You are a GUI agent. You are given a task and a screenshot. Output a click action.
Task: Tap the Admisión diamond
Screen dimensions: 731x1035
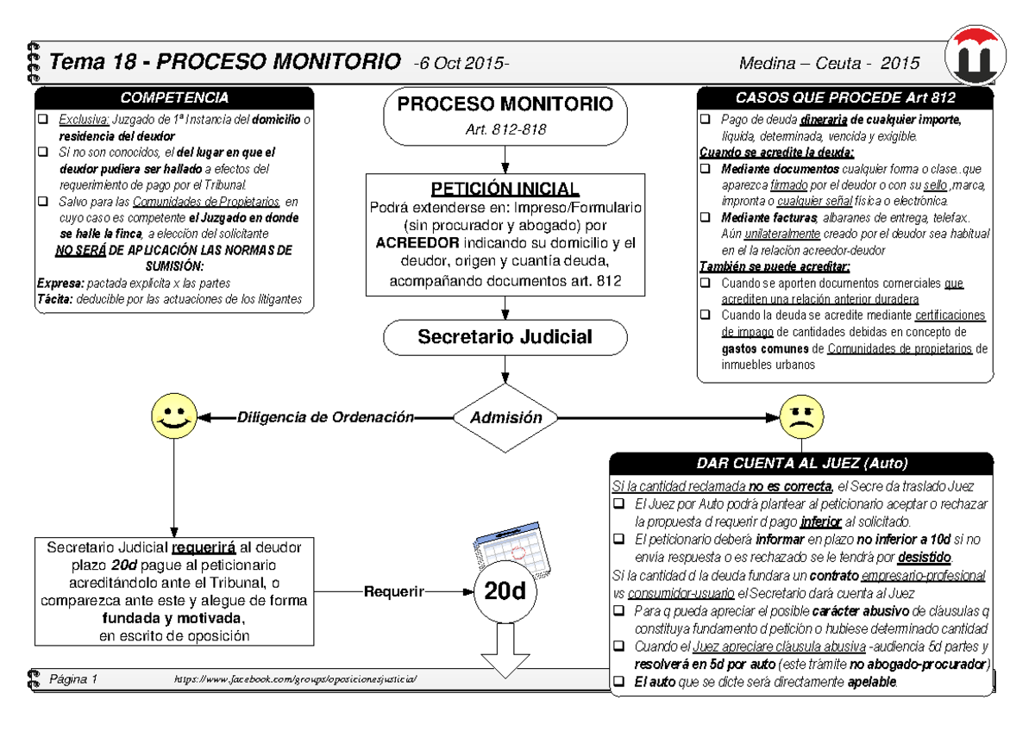(505, 417)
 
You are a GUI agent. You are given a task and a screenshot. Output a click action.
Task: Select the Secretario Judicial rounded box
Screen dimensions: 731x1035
(505, 337)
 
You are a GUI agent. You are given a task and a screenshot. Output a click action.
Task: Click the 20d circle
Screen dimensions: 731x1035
(505, 593)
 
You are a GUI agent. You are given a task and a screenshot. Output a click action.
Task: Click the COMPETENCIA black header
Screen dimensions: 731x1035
(174, 97)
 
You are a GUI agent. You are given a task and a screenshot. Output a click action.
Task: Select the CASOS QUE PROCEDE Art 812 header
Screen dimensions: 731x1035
(844, 97)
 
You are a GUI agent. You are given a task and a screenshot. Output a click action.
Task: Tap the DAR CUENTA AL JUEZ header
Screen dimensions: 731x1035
(801, 462)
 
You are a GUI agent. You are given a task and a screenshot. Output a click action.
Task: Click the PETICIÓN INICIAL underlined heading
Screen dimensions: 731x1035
(505, 189)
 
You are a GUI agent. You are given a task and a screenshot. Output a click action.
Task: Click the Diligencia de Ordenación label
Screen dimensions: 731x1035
(325, 417)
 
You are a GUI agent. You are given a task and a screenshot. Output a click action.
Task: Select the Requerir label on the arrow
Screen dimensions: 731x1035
(394, 592)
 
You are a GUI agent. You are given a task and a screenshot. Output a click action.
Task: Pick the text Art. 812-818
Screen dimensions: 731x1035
(505, 129)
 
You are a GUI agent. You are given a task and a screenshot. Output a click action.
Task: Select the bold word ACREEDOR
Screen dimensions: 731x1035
(417, 242)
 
